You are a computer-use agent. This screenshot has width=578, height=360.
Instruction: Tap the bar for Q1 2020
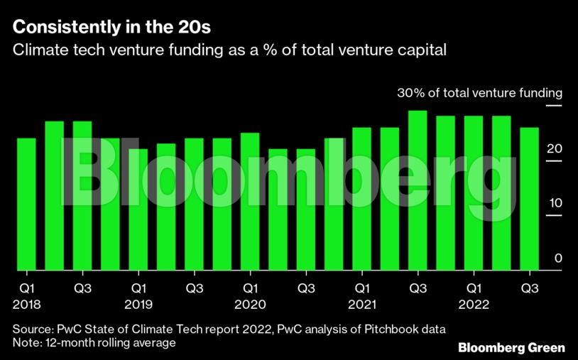pos(250,202)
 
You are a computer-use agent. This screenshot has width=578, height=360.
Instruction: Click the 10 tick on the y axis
pos(555,204)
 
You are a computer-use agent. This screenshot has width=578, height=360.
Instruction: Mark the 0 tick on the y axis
pos(558,258)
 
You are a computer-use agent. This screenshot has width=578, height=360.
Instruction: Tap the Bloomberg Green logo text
pos(511,347)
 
